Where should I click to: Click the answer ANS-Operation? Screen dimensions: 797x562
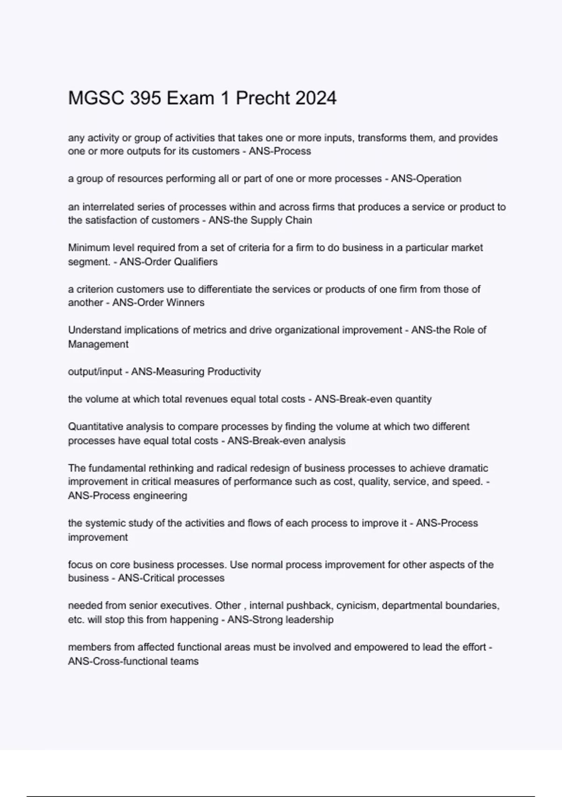[x=426, y=179]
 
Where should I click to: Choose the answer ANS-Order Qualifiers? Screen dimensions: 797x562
[x=169, y=262]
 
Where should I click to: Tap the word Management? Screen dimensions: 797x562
[x=98, y=344]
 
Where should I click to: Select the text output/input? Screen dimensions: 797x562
[x=95, y=372]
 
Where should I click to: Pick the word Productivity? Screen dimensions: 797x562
[x=234, y=372]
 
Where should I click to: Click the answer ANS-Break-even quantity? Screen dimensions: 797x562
[x=373, y=399]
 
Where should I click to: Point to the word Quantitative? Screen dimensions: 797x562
[x=98, y=427]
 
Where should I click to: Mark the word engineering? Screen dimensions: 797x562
[x=160, y=496]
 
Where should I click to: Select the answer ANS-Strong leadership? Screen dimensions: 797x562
[x=281, y=620]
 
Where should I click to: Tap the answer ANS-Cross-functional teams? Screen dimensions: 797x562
[x=133, y=662]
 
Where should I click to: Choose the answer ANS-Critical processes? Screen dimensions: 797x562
[x=171, y=578]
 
